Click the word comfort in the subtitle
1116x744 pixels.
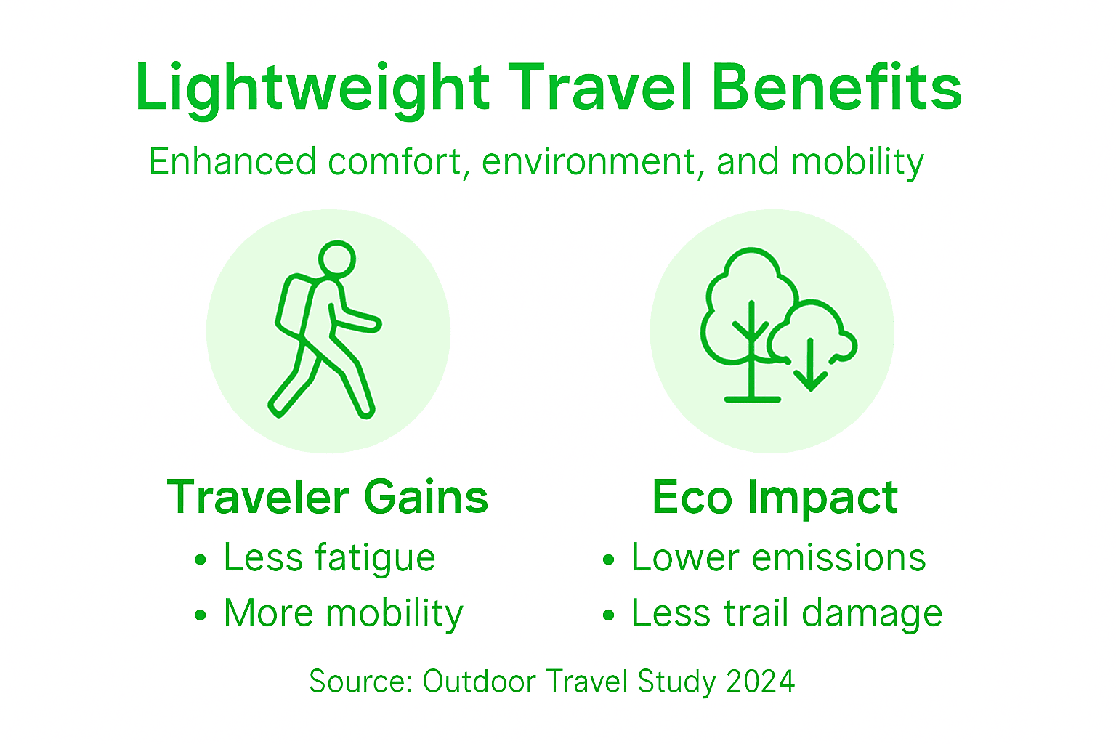point(395,161)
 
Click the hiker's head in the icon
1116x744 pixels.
point(336,259)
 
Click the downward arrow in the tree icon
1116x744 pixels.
point(810,363)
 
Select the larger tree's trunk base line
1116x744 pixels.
point(753,399)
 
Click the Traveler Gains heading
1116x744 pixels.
point(328,498)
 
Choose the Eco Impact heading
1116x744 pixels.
point(775,498)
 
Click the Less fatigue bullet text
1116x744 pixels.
point(329,559)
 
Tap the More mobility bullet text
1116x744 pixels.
point(343,614)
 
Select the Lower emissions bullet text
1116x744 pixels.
point(778,558)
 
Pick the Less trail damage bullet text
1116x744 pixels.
point(786,613)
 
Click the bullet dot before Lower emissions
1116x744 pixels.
point(609,560)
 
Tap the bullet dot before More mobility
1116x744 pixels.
point(201,615)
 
